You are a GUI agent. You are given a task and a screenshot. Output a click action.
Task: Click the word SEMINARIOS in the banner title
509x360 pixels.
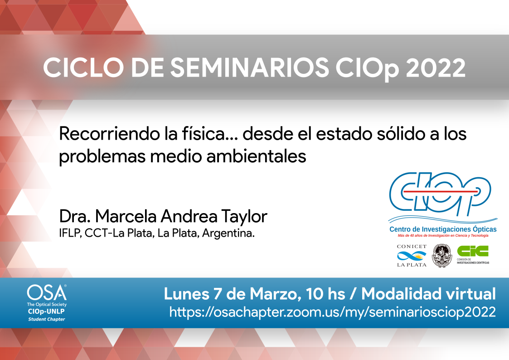click(x=250, y=68)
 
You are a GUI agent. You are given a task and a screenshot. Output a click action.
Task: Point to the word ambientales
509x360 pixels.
click(x=256, y=156)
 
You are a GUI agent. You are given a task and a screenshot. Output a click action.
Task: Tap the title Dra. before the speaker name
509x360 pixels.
click(x=75, y=216)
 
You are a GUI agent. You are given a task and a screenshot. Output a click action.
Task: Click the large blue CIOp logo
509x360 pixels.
click(x=440, y=194)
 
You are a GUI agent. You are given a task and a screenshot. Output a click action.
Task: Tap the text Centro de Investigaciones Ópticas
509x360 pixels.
click(x=443, y=229)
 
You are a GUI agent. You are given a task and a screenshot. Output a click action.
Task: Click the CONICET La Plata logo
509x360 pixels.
click(x=412, y=256)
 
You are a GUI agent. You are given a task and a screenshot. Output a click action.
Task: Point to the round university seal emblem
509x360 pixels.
click(x=441, y=256)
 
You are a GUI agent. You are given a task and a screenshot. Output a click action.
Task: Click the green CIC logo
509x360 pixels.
click(x=473, y=251)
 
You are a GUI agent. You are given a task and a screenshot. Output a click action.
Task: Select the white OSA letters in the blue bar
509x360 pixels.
click(x=47, y=292)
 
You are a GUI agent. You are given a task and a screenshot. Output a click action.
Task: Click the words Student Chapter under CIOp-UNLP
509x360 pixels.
click(x=46, y=319)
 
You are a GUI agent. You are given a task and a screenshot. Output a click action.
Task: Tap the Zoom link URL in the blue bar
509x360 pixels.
click(x=332, y=312)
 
